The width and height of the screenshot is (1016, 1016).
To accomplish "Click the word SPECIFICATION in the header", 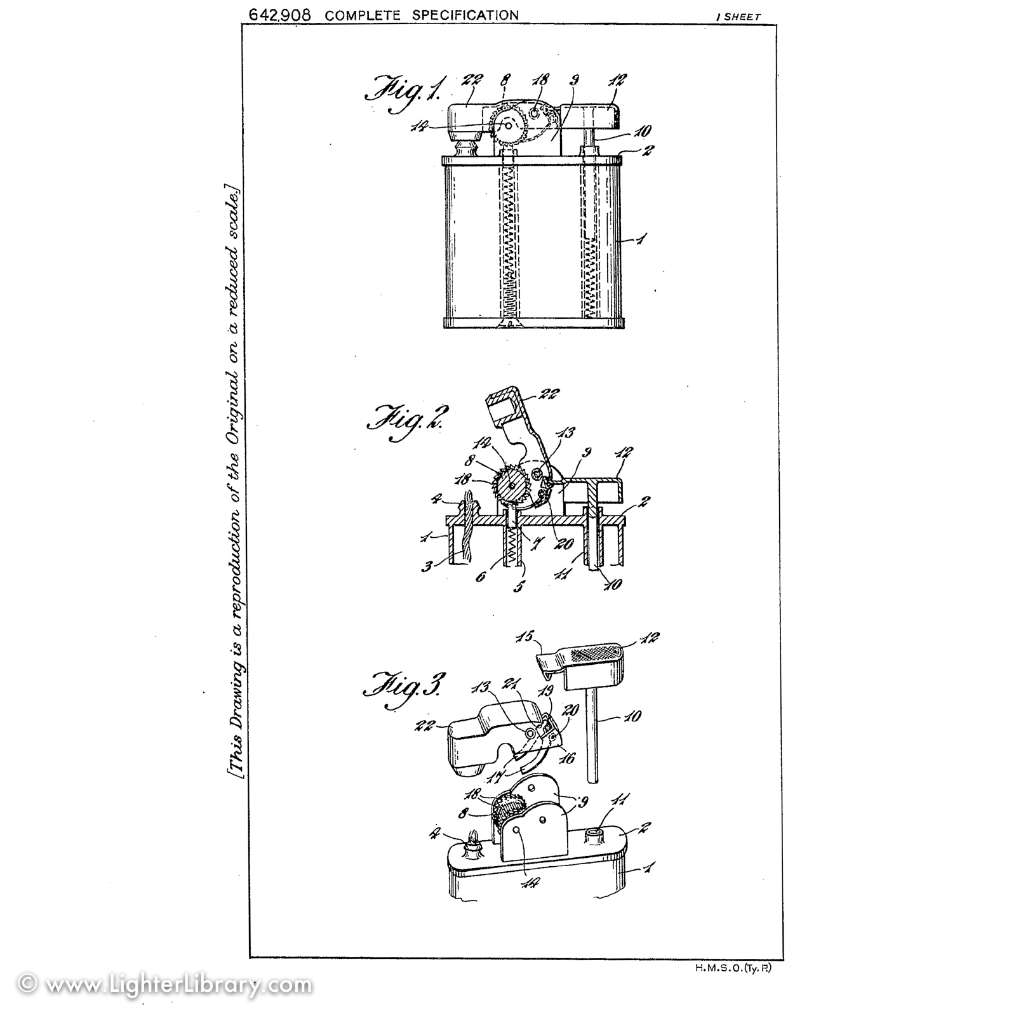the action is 465,15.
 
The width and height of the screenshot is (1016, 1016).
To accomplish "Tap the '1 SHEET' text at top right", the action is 738,18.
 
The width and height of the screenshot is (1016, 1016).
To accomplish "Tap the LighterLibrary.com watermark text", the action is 166,985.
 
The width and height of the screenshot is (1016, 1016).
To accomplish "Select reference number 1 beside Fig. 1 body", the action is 642,239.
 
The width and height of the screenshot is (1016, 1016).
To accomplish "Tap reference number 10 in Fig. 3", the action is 632,716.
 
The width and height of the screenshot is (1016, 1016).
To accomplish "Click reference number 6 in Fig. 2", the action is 481,577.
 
